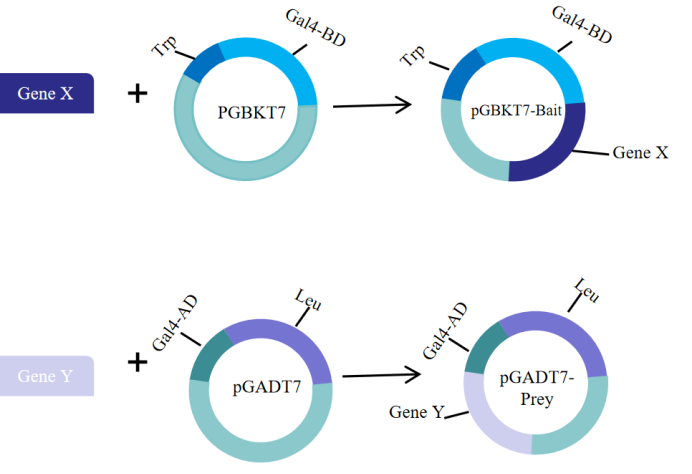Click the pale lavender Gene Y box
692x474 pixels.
point(46,376)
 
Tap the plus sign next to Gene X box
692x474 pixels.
point(137,94)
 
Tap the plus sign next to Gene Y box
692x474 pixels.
point(137,360)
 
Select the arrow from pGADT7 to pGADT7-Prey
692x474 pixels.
point(380,376)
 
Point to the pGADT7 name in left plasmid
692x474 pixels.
point(261,385)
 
